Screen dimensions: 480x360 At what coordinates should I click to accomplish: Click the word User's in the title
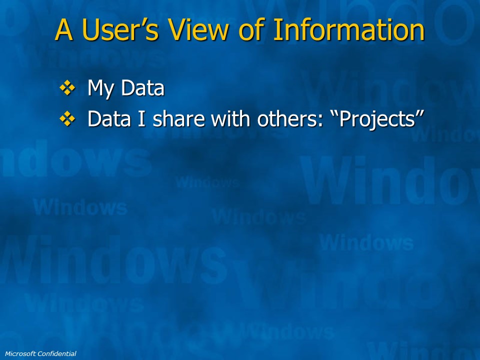pos(120,29)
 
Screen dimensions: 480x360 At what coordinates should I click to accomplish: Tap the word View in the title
pos(199,29)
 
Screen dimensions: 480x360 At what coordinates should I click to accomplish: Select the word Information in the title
pos(348,29)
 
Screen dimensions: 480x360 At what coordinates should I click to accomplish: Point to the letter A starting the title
pos(64,29)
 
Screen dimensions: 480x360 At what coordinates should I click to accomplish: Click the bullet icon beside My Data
pos(67,88)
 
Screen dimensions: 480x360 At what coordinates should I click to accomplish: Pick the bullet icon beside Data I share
pos(67,119)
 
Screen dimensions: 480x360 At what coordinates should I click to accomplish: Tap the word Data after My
pos(142,88)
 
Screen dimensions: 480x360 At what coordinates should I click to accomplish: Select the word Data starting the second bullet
pos(109,119)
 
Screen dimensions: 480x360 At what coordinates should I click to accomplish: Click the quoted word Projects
pos(378,120)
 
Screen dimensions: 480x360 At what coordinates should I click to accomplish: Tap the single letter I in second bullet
pos(141,119)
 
